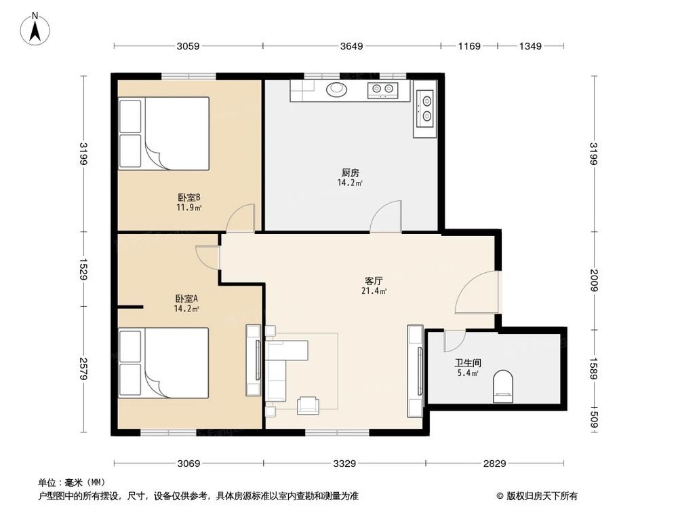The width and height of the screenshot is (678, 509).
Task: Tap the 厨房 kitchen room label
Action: (350, 172)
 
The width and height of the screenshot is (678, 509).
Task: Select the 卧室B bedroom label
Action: (189, 198)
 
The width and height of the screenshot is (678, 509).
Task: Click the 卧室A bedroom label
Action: (186, 299)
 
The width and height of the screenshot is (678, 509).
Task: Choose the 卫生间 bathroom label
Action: (466, 362)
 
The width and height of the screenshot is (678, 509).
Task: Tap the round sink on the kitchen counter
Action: (336, 89)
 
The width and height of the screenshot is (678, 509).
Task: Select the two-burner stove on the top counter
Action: (382, 89)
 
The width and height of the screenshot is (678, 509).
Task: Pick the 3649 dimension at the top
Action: (352, 46)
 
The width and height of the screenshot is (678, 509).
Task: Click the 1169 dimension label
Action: (469, 46)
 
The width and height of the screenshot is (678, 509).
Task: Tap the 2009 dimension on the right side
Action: (594, 280)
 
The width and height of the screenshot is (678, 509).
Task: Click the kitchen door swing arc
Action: (386, 216)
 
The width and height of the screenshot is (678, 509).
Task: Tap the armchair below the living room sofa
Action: (309, 404)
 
